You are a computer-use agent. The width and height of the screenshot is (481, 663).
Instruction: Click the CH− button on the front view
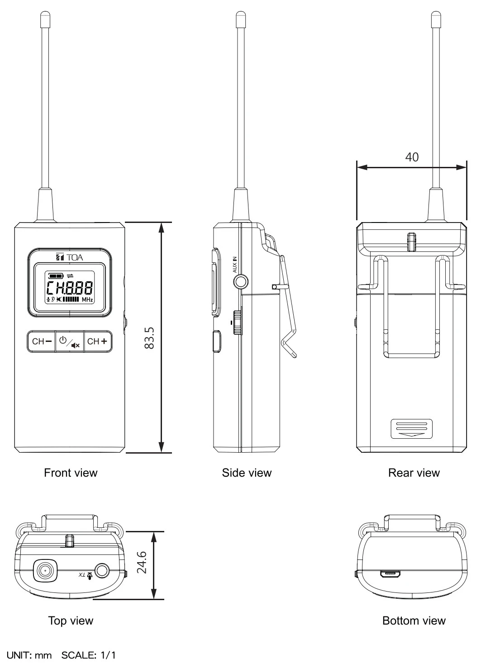41,341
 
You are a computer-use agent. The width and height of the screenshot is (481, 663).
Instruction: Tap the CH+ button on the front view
98,341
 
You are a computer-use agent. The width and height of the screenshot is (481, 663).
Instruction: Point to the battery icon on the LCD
57,275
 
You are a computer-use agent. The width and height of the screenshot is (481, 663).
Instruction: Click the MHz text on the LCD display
87,299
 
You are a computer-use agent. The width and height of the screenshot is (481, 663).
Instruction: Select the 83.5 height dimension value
149,338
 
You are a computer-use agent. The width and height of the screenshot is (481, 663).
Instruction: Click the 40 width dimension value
411,157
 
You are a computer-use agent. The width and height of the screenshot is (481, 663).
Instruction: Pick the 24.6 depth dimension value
142,562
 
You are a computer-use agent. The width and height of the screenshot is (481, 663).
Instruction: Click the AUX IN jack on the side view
241,282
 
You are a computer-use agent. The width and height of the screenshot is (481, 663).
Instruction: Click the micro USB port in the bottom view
390,574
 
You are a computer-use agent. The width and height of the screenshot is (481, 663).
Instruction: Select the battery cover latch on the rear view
411,429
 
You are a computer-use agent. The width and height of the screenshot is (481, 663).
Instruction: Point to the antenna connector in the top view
45,571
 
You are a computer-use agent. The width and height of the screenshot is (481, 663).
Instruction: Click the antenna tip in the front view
45,19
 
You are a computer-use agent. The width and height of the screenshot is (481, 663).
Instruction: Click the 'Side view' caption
247,473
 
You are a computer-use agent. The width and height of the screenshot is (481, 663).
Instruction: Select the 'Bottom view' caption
414,620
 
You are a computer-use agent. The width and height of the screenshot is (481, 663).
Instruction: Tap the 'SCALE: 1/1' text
88,655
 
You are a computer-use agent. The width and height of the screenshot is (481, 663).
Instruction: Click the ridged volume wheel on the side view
237,322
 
